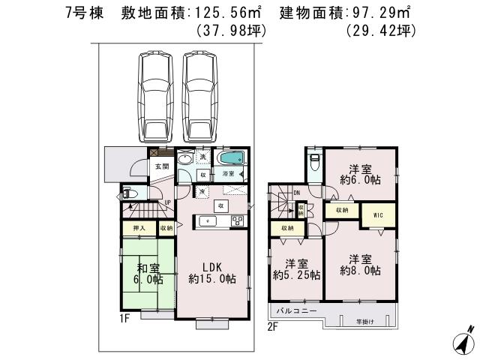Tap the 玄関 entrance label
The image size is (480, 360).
tap(162, 166)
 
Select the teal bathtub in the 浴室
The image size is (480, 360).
tap(231, 159)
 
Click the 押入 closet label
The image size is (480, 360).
tap(139, 226)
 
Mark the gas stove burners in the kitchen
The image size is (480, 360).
tap(237, 220)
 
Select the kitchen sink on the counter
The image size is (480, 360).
tap(207, 220)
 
